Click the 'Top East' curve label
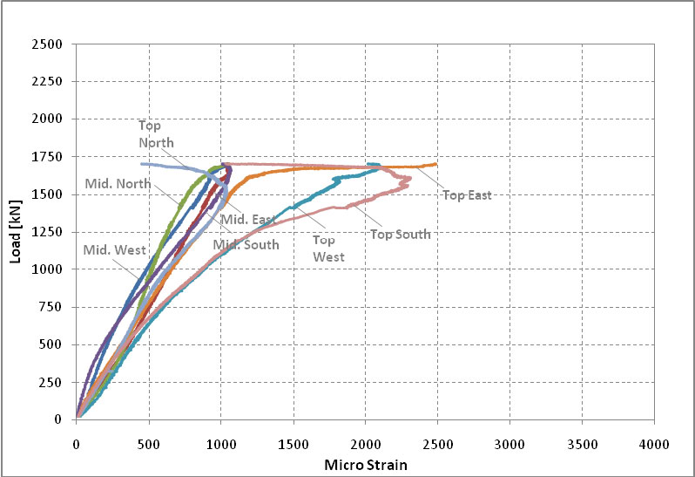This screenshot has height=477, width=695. pyautogui.click(x=468, y=195)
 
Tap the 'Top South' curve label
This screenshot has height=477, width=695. pyautogui.click(x=400, y=234)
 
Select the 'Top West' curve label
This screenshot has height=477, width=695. pyautogui.click(x=329, y=249)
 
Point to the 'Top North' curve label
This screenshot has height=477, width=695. pyautogui.click(x=156, y=134)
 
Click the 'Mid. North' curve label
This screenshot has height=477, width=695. pyautogui.click(x=118, y=183)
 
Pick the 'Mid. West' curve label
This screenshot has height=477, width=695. pyautogui.click(x=113, y=250)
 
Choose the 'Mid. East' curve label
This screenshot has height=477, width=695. pyautogui.click(x=247, y=220)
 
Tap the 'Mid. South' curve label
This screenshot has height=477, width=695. pyautogui.click(x=246, y=245)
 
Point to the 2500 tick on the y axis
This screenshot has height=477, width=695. pyautogui.click(x=50, y=44)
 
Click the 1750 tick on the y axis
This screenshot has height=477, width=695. pyautogui.click(x=50, y=157)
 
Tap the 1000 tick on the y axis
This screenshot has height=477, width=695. pyautogui.click(x=50, y=269)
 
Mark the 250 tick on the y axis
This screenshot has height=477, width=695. pyautogui.click(x=53, y=382)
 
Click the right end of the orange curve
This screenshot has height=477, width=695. pyautogui.click(x=435, y=163)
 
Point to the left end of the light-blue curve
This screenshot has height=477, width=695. pyautogui.click(x=141, y=164)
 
